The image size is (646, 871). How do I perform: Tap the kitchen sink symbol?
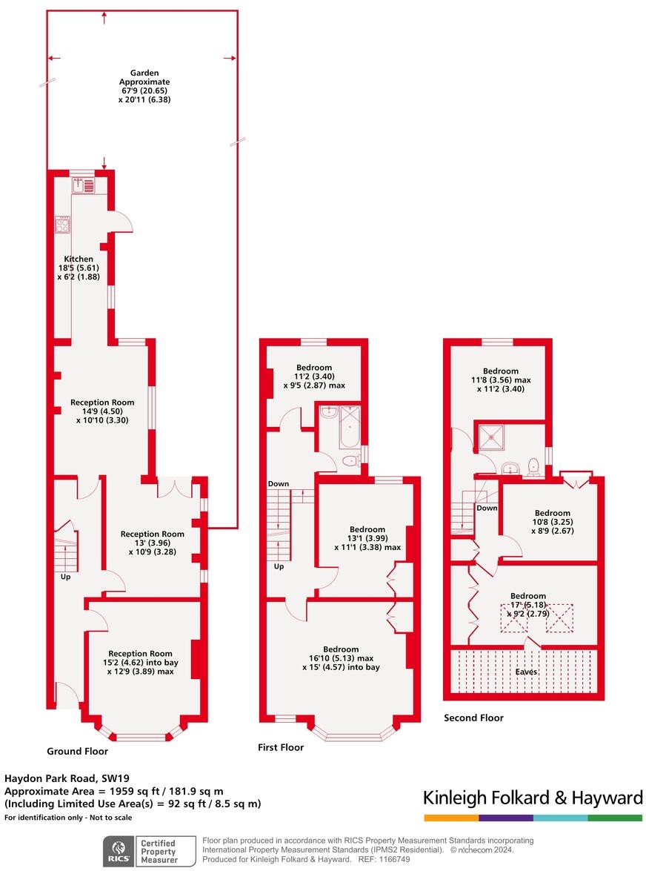tap(79, 186)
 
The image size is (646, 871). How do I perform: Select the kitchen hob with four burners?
tap(62, 224)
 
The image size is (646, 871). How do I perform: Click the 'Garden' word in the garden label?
tap(144, 73)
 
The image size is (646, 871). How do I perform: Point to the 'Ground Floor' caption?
tap(77, 751)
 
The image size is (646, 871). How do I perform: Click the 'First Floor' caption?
tap(280, 747)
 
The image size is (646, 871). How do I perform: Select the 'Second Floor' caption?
tap(473, 718)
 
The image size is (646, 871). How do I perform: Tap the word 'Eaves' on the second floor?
tap(527, 672)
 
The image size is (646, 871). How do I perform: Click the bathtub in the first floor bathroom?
tap(349, 428)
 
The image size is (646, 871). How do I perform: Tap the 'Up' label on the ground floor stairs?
tap(66, 577)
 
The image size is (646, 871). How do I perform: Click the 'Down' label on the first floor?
tap(279, 484)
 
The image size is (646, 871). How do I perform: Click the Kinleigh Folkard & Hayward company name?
tap(532, 798)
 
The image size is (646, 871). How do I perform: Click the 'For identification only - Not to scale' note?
tap(68, 818)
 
